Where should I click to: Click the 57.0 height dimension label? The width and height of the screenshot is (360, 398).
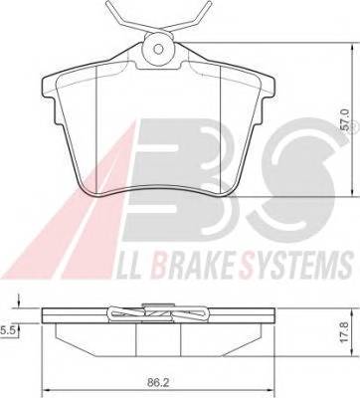[x=346, y=120]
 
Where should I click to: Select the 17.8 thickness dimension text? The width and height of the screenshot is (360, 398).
[x=345, y=333]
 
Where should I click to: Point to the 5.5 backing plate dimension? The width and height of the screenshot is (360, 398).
[x=6, y=330]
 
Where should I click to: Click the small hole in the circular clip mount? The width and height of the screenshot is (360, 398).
[x=159, y=49]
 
